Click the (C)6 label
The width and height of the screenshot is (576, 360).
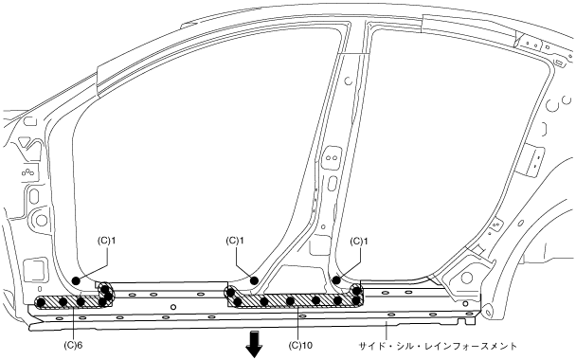coord(73,345)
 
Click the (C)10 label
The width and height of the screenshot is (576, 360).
coord(300,345)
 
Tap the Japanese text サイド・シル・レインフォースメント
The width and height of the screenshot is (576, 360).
coord(438,346)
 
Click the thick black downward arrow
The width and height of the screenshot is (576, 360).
coord(254,344)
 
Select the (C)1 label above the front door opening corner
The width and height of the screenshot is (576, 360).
coord(106,241)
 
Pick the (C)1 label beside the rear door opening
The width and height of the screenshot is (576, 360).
coord(359,241)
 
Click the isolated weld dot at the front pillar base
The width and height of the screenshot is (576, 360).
coord(76,280)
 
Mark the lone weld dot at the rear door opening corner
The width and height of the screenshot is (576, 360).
coord(335,280)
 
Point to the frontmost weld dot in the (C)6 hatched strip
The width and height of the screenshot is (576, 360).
coord(41,302)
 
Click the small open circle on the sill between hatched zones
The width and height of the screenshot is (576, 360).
coord(173,307)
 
